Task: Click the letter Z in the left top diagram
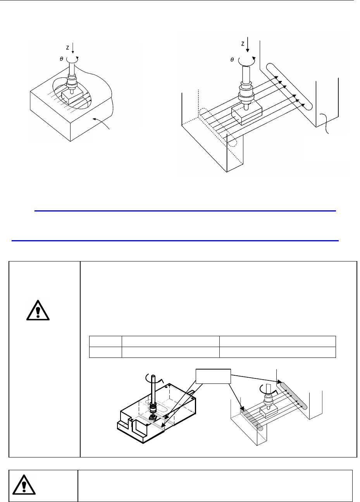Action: point(67,48)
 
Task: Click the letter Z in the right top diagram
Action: point(243,44)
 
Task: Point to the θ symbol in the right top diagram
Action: point(232,60)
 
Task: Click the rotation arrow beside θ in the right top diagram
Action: point(246,60)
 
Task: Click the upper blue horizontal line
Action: point(185,211)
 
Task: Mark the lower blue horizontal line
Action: point(175,241)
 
